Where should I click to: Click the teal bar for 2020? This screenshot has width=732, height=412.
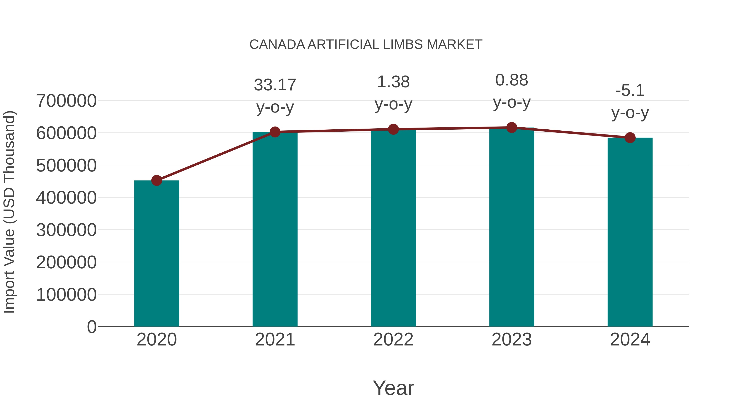pos(157,253)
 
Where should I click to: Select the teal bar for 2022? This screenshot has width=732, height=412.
pos(393,227)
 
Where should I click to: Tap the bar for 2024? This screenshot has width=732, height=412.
pos(630,232)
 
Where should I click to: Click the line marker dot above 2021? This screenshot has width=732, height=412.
pos(275,132)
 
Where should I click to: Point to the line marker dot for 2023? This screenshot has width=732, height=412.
pos(512,128)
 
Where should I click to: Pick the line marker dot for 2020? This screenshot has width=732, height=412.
pos(157,180)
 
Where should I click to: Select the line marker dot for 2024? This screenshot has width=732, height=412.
pos(630,138)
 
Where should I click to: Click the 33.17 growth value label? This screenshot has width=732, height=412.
pos(275,85)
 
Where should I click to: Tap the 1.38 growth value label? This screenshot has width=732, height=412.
pos(393,82)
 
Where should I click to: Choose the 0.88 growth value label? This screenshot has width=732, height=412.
pos(512,80)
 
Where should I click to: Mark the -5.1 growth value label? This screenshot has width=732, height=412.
pos(630,90)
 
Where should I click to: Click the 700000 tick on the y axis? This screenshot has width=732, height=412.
pos(66,101)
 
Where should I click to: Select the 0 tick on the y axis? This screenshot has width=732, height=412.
pos(91,327)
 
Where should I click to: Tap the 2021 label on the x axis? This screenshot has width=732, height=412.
pos(275,340)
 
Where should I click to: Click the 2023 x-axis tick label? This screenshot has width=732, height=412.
pos(512,340)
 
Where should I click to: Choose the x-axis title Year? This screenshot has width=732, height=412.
pos(393,388)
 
